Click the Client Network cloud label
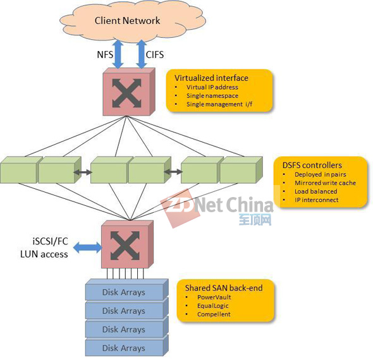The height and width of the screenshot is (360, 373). pos(127,21)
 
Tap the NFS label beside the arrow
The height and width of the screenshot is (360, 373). pos(105,55)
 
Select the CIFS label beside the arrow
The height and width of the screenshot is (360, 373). pos(155,55)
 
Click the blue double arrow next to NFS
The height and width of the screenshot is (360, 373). pos(118,54)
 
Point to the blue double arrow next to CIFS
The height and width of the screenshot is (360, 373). pos(142,54)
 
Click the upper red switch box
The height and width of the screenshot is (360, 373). pos(129,92)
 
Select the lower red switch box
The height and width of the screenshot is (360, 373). pos(127,245)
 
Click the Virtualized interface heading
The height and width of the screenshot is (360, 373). pos(211,78)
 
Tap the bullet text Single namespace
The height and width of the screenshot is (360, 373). pos(212,96)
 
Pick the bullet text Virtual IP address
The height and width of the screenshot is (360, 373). pos(212,87)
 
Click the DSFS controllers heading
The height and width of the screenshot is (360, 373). pos(312,165)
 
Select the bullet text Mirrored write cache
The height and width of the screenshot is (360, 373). pos(325,183)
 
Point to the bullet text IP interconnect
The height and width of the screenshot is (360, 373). pos(316,200)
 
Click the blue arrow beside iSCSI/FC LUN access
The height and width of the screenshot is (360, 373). pos(87,248)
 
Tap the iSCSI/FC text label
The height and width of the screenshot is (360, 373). pos(50,241)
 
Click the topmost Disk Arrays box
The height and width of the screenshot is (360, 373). pos(127,290)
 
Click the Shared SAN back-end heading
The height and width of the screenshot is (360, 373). pos(224,288)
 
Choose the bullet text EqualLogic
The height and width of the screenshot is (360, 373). pos(213,306)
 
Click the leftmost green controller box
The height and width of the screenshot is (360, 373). pos(21,170)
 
